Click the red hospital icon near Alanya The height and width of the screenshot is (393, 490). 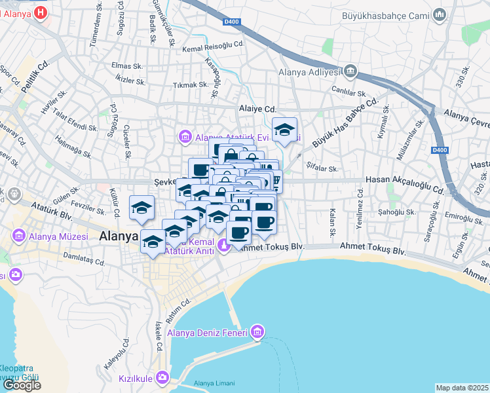(41, 12)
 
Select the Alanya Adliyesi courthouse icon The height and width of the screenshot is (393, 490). (350, 71)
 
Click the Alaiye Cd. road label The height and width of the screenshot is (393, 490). (257, 109)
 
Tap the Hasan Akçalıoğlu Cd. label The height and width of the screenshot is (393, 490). (405, 179)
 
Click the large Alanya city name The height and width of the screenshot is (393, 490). (119, 239)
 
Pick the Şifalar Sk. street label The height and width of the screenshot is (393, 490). (320, 168)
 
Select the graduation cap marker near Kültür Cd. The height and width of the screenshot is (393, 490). (141, 208)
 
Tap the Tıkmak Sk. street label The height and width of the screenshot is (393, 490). (190, 84)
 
